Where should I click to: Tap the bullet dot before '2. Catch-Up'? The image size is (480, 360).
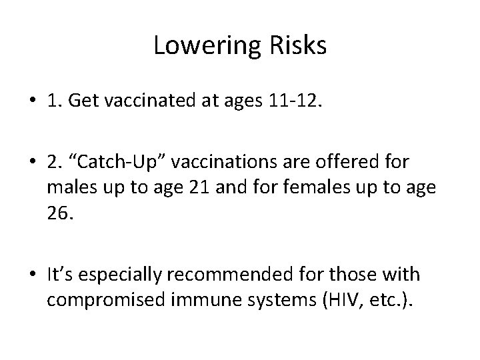coord(32,164)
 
